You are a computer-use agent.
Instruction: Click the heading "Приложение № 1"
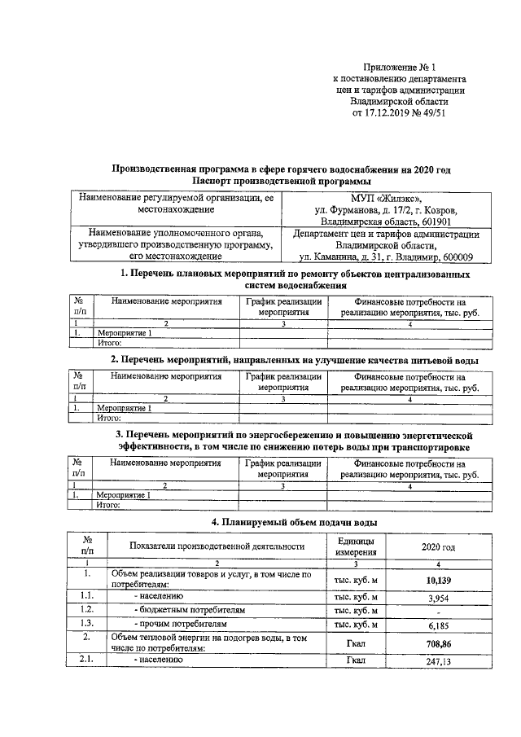click(400, 68)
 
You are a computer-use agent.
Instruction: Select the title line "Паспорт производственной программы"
click(281, 180)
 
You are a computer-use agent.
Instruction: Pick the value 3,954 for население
click(439, 599)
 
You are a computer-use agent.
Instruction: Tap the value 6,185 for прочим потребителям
click(439, 626)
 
